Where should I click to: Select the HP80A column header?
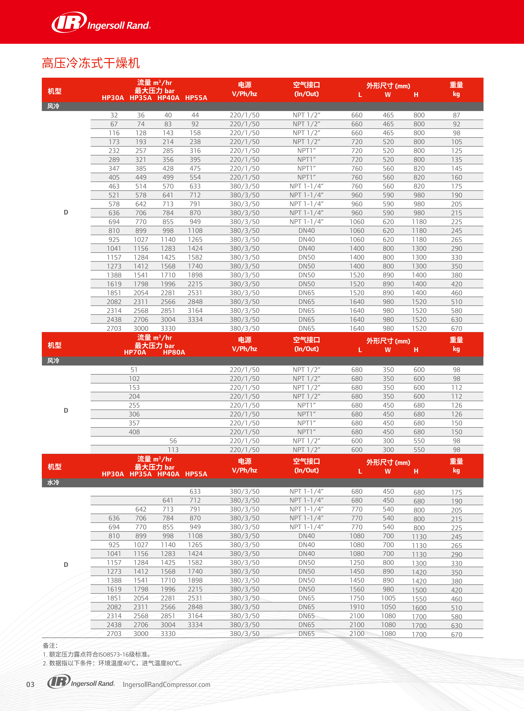click(x=174, y=352)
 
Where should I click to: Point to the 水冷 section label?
click(x=53, y=482)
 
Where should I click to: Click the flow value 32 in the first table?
click(x=114, y=115)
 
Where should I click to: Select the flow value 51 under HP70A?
click(x=134, y=370)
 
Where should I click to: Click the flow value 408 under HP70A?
click(x=134, y=432)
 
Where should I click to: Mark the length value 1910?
click(x=357, y=607)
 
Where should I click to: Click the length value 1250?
click(x=357, y=563)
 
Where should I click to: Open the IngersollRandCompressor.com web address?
click(x=166, y=684)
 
